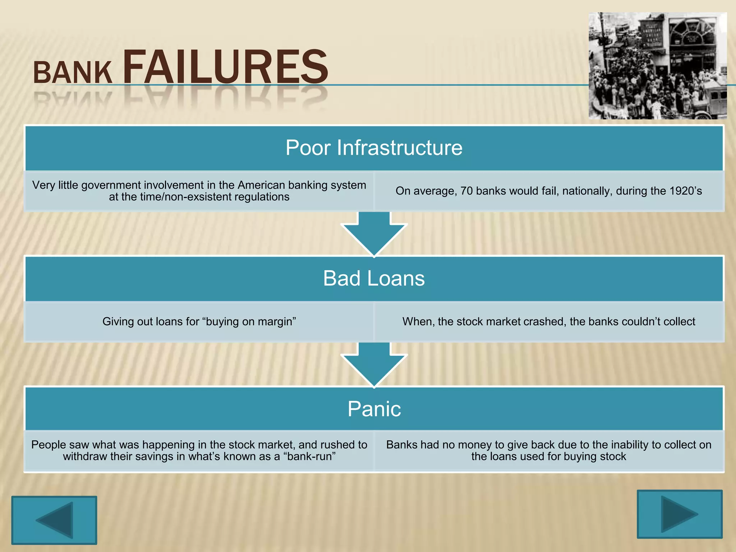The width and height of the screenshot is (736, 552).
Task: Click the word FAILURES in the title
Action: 225,67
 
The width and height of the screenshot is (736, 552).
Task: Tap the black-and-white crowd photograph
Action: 657,66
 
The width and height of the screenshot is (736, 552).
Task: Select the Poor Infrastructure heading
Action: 374,148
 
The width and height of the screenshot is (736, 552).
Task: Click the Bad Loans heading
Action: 374,278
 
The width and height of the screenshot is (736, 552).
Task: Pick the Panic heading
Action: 374,409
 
